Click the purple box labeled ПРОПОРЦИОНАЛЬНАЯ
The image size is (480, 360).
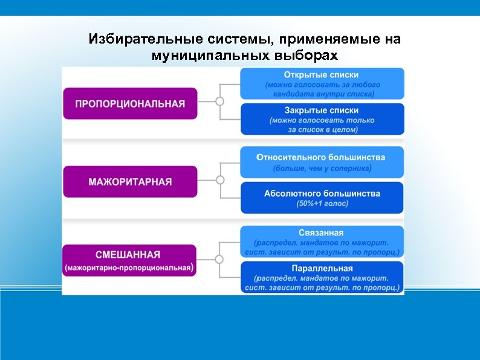(130, 103)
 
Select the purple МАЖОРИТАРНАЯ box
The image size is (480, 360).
(130, 182)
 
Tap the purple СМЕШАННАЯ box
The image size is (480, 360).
(130, 260)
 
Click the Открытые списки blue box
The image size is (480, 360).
(322, 83)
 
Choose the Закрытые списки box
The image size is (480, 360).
(322, 119)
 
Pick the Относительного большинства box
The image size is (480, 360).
(322, 162)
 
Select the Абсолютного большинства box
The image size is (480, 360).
(322, 198)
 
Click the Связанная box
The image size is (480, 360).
(322, 241)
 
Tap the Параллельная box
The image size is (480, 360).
(322, 277)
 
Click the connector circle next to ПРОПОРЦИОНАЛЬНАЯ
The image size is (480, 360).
(220, 102)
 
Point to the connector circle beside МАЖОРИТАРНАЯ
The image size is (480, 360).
(220, 180)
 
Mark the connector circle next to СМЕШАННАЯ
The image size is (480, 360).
(220, 259)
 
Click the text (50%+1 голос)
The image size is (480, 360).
(322, 204)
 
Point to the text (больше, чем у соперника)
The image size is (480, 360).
(322, 168)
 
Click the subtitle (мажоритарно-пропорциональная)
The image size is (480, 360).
(130, 267)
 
